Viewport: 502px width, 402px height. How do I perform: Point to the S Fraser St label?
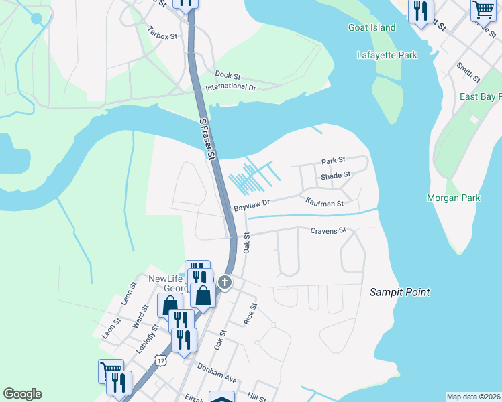click(x=208, y=141)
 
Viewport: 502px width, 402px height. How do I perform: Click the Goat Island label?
click(x=372, y=27)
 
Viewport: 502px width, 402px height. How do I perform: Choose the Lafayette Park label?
click(x=387, y=55)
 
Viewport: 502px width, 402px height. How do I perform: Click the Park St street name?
click(x=333, y=161)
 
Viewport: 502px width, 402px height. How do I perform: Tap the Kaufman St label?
click(x=324, y=202)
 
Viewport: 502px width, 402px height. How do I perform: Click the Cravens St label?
click(x=328, y=230)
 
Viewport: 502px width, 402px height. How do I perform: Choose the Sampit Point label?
click(x=400, y=292)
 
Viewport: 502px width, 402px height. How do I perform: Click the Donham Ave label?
click(x=217, y=373)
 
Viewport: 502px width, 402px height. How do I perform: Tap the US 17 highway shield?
click(x=160, y=360)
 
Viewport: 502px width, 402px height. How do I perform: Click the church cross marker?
click(x=225, y=283)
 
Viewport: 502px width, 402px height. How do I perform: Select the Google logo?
click(x=22, y=394)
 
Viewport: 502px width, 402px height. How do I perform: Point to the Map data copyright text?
click(x=474, y=397)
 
